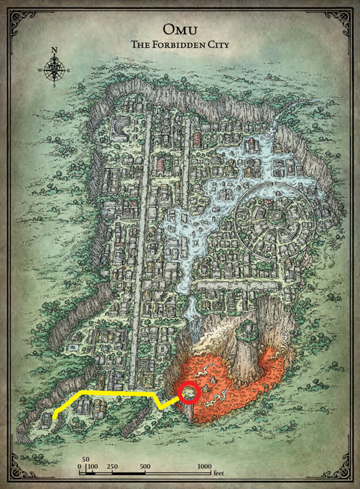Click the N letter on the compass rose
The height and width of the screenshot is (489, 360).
54,51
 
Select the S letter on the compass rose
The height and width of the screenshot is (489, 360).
54,85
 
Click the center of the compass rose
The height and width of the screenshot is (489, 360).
54,70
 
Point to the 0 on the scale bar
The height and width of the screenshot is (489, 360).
80,467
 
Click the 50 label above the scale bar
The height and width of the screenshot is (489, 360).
85,459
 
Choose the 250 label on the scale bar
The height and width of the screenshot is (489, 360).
112,467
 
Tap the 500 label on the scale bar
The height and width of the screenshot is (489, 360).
145,467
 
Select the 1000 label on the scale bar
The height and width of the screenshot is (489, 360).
204,467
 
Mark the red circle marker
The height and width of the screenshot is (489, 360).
189,392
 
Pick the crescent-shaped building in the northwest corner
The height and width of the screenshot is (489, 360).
119,129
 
